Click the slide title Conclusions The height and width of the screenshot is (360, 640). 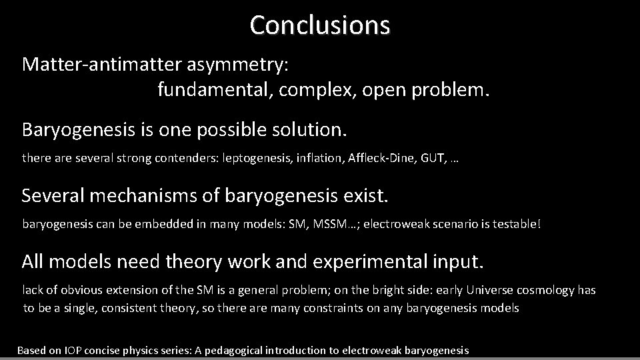(x=320, y=25)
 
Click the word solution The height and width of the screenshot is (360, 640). (x=313, y=129)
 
